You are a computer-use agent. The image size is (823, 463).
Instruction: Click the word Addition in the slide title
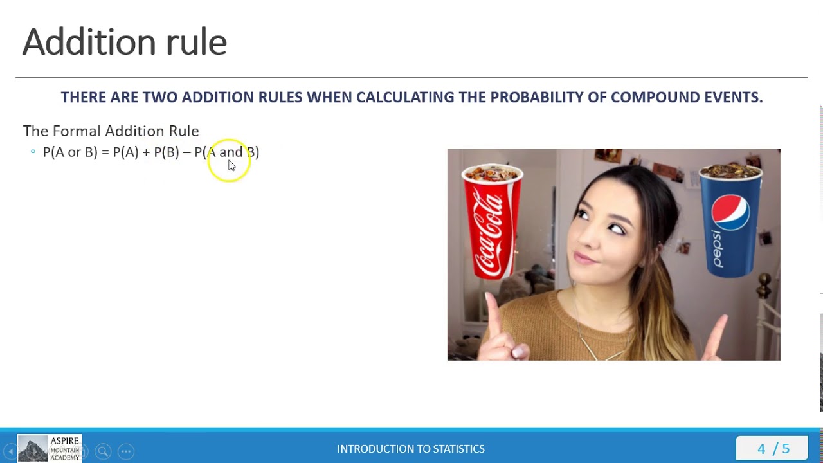[x=87, y=42]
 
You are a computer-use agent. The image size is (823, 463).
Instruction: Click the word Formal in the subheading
[x=77, y=131]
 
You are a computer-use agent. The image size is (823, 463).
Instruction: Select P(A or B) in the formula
[x=70, y=152]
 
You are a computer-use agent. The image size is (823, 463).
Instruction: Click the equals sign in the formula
[x=105, y=152]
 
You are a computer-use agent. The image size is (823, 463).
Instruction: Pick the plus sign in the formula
[x=146, y=152]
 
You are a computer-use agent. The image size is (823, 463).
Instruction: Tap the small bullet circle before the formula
[x=33, y=152]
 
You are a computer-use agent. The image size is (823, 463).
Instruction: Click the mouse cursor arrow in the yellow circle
[x=231, y=165]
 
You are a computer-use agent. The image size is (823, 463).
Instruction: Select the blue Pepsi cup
[x=730, y=219]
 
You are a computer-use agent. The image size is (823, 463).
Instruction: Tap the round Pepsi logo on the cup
[x=730, y=211]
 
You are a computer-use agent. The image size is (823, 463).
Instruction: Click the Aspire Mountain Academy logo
[x=50, y=448]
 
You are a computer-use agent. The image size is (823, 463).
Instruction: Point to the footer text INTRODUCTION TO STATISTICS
[x=411, y=449]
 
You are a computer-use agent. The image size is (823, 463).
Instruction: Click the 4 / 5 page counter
[x=773, y=448]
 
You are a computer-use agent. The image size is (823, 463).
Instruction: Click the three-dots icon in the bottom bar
[x=126, y=451]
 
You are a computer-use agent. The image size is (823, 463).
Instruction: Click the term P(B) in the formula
[x=166, y=152]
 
